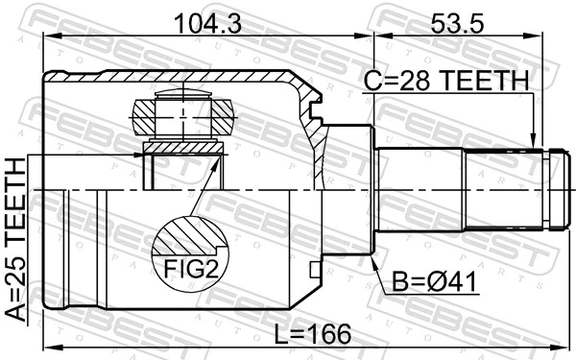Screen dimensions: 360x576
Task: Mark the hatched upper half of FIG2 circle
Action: [189, 235]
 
